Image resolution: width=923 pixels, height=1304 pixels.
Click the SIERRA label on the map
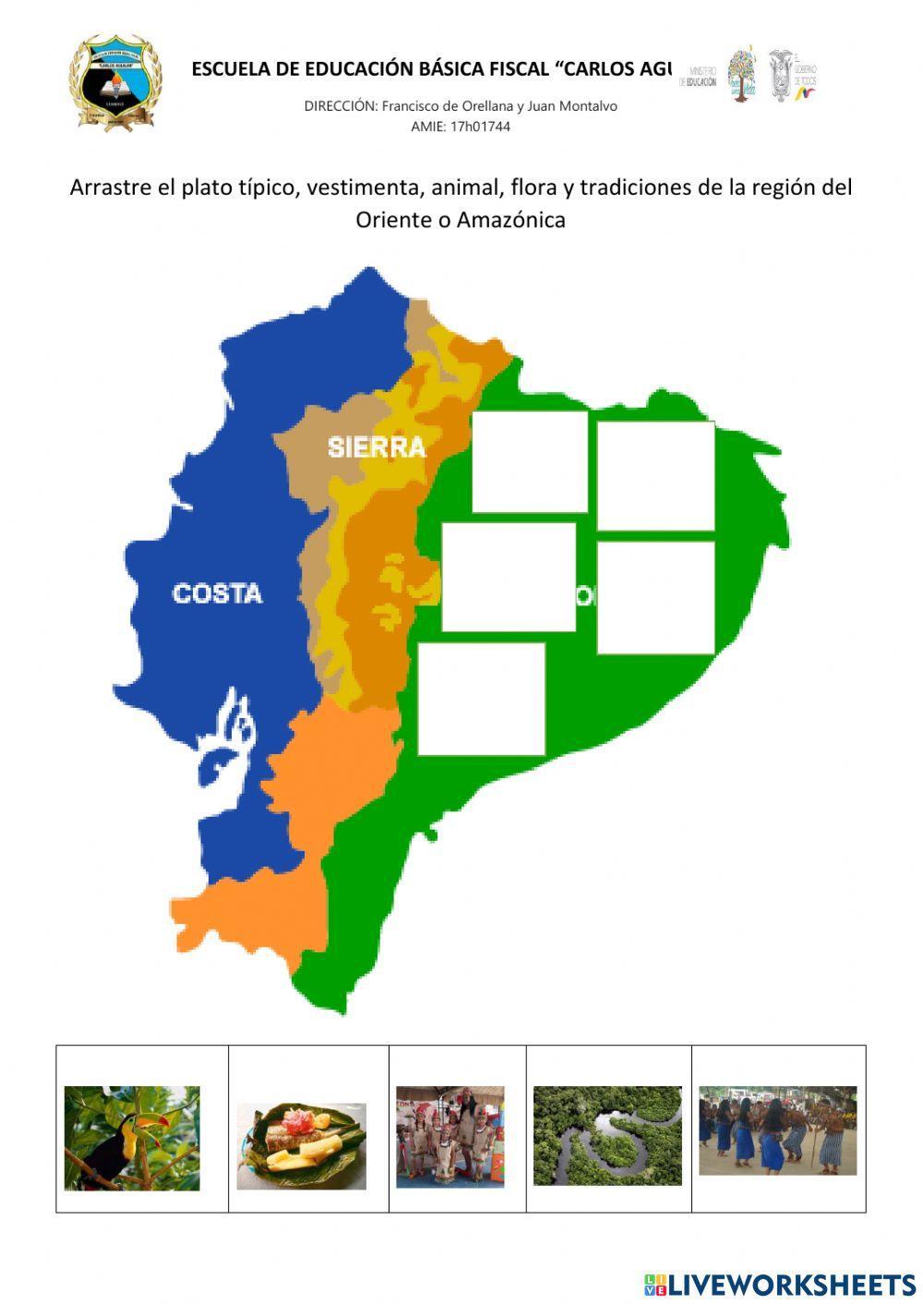point(377,448)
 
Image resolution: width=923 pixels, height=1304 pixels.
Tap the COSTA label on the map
point(217,593)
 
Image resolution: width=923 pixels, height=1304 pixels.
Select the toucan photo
point(132,1138)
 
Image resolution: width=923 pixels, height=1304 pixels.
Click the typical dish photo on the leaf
point(302,1145)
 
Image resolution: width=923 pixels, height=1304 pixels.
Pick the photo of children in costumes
point(450,1136)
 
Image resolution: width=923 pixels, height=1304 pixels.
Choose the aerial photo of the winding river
point(607,1135)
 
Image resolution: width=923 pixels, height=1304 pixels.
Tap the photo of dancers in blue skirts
point(777,1131)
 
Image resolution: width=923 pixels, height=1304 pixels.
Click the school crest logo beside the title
point(114,82)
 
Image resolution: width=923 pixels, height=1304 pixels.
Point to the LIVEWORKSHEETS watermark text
point(791,1285)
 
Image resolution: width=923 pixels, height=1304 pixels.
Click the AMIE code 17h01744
point(480,126)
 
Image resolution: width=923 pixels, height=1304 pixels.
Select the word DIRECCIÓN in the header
point(340,106)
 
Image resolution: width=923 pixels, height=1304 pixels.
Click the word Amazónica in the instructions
point(510,220)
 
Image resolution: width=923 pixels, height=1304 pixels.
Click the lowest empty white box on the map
point(481,699)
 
